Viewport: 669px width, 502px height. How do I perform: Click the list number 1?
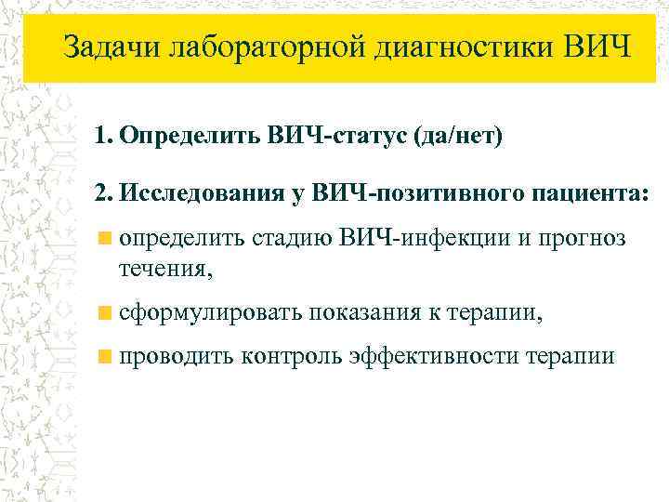coord(100,137)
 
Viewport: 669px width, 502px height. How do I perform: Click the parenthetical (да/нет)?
coord(453,137)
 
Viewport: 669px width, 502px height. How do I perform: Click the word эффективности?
coord(434,356)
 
